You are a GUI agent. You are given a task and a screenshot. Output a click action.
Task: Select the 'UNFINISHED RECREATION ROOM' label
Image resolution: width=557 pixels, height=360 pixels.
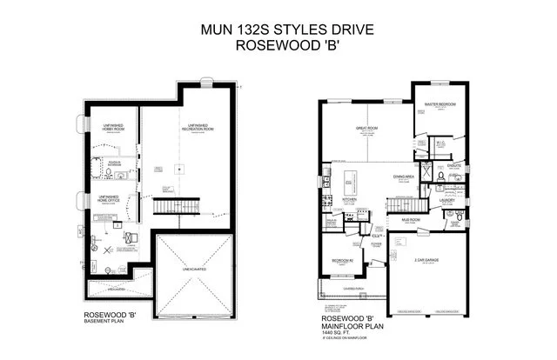(198, 128)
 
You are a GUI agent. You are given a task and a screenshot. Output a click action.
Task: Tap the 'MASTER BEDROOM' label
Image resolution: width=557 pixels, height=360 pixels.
(441, 104)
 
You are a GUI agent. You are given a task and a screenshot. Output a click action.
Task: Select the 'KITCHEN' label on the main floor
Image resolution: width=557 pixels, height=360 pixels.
(350, 199)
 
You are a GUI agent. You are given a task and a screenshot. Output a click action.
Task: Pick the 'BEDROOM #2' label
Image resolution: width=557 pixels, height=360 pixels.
(341, 259)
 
